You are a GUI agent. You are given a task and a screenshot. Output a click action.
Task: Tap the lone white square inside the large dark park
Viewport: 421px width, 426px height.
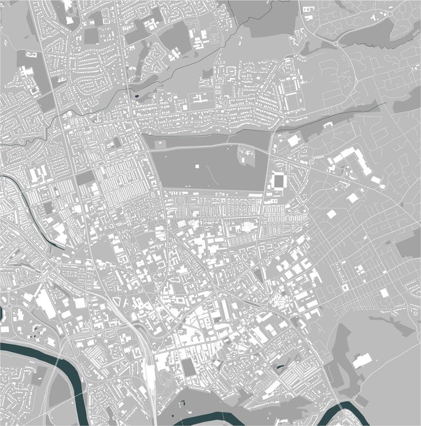198,166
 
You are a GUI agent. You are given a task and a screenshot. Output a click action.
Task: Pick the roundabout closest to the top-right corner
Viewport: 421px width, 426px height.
336,42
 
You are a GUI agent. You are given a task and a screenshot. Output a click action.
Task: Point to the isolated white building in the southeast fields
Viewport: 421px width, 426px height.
362,361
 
